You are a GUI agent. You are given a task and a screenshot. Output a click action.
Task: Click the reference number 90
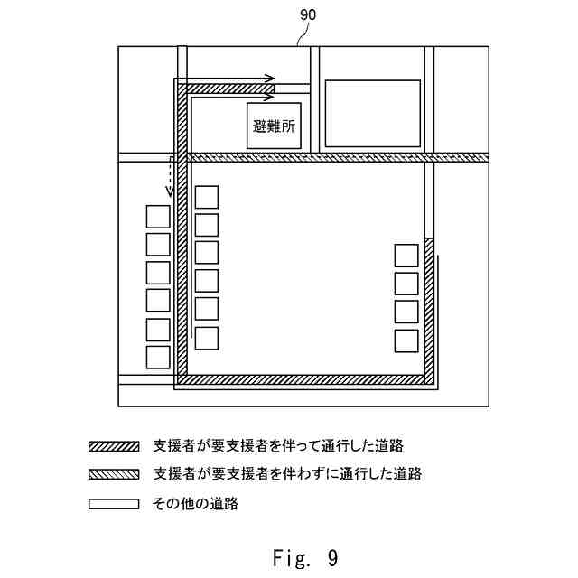click(x=307, y=14)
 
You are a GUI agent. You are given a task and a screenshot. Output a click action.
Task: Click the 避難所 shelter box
click(x=274, y=126)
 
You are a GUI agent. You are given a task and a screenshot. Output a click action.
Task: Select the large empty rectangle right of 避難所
click(x=372, y=113)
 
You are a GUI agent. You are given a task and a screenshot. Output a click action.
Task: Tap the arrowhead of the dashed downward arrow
click(x=168, y=192)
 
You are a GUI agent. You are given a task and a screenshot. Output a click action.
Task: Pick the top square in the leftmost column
click(x=158, y=217)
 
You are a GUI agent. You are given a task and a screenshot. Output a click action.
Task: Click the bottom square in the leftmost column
click(x=158, y=356)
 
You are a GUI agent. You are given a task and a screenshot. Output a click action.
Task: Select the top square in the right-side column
click(x=406, y=256)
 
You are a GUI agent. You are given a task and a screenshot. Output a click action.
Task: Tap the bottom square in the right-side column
click(x=406, y=340)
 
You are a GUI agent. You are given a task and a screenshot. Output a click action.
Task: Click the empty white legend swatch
click(x=114, y=503)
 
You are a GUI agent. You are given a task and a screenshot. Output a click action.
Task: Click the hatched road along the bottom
click(x=303, y=379)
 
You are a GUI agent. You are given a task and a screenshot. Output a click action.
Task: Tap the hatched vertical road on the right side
click(x=429, y=307)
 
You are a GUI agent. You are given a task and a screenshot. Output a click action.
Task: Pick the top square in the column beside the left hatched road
click(x=207, y=197)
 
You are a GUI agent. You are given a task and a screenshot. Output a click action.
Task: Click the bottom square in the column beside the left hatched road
click(x=207, y=338)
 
